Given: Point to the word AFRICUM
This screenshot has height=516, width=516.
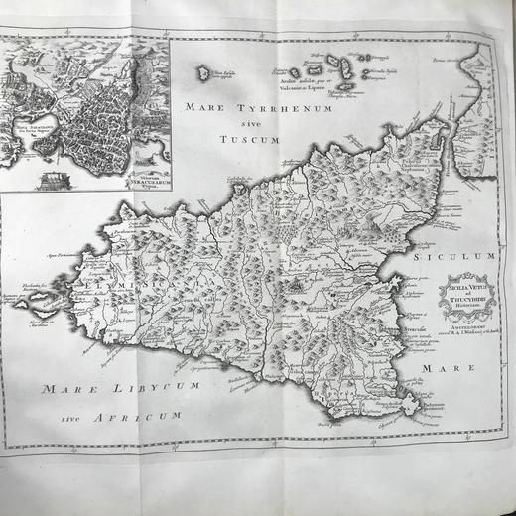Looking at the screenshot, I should click(135, 413).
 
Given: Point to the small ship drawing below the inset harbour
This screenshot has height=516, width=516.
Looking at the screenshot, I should click(51, 180).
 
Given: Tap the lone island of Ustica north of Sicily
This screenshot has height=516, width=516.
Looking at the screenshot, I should click(205, 72).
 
